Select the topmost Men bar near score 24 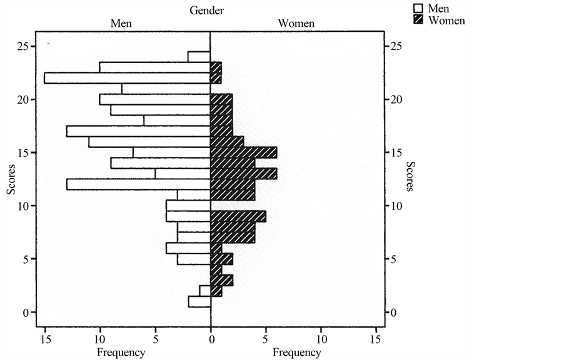point(199,57)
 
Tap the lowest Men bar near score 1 point(199,302)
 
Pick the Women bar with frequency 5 point(238,216)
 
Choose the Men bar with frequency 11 point(149,142)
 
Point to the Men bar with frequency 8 point(166,89)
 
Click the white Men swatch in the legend point(418,9)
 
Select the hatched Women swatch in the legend point(418,20)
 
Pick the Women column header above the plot point(296,24)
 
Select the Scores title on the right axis point(410,177)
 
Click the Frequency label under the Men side point(121,352)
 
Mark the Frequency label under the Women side point(297,352)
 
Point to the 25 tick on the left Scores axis point(22,46)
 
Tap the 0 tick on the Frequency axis point(211,339)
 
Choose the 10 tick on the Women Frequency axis point(321,339)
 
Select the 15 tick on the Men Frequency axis point(44,339)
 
